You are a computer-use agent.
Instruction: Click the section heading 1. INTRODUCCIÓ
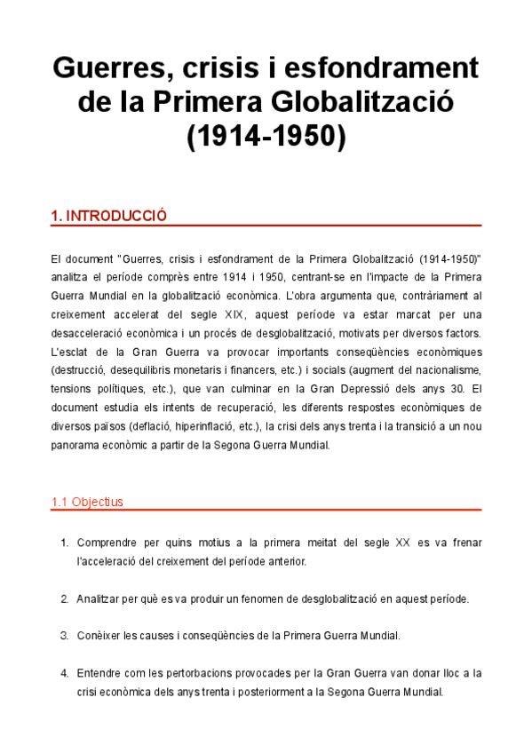click(x=109, y=216)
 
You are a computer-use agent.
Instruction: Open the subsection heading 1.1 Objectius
click(x=87, y=502)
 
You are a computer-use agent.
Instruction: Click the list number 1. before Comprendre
click(x=64, y=543)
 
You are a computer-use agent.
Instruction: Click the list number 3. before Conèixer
click(x=64, y=636)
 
